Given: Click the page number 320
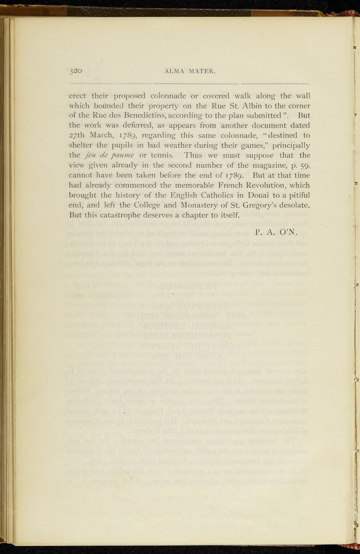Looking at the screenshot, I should point(76,71).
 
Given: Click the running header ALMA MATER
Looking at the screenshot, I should point(190,71).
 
